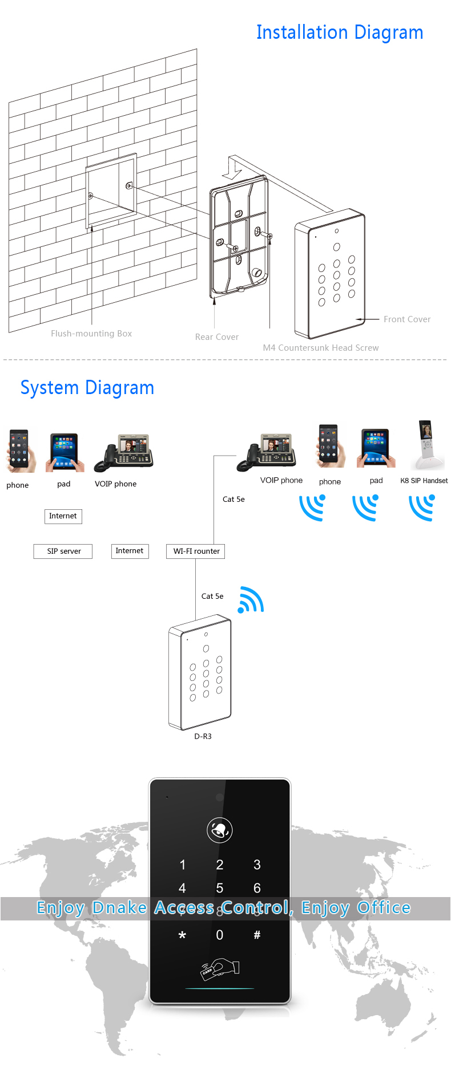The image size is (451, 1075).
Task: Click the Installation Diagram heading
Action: [340, 33]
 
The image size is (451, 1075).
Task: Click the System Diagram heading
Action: [87, 388]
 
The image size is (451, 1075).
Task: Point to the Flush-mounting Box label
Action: [91, 334]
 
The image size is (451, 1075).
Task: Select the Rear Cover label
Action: [217, 337]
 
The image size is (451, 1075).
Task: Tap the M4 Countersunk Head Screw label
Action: [321, 348]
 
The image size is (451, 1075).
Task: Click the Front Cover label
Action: [407, 319]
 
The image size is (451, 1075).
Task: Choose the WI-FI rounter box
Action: [196, 551]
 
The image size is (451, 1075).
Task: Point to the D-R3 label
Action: [203, 737]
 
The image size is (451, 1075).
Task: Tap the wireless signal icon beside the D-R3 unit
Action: [251, 600]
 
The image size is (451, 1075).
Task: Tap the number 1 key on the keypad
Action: [183, 865]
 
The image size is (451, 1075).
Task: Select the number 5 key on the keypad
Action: [220, 889]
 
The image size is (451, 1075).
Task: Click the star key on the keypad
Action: [182, 935]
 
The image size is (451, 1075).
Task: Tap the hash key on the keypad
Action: [257, 935]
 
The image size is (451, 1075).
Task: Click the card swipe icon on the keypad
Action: [220, 968]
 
